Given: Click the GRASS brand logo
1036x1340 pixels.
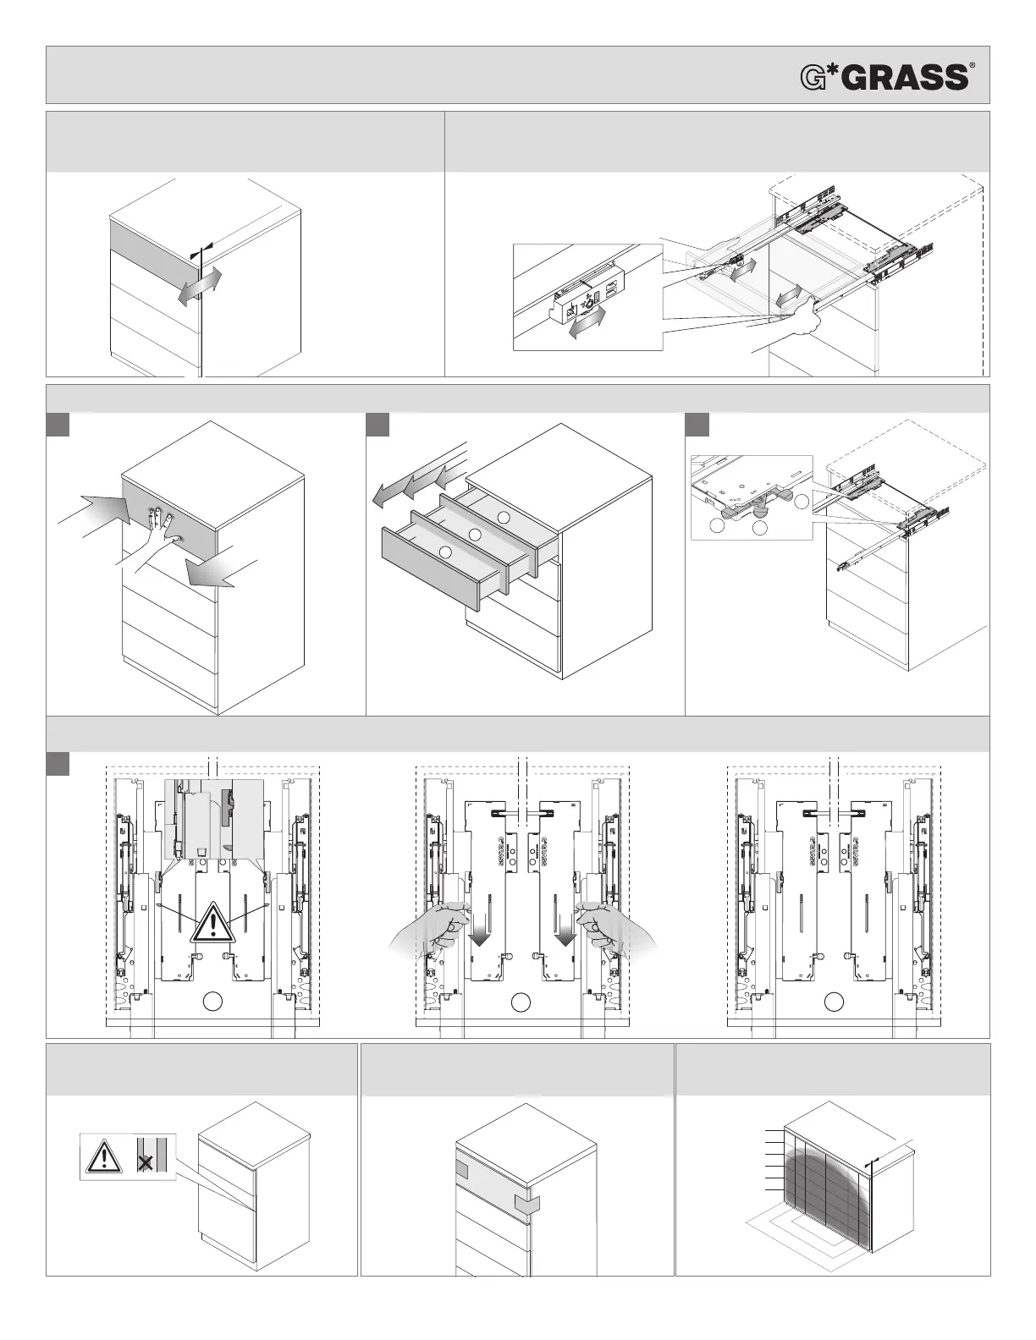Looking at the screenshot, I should coord(884,77).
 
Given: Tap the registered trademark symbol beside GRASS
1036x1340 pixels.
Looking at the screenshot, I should coord(972,65).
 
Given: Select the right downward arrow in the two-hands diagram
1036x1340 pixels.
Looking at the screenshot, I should coord(565,933).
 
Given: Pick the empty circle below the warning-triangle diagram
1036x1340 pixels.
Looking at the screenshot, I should coord(212,1002).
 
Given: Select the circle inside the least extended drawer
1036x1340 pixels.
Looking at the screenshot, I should coord(504,517).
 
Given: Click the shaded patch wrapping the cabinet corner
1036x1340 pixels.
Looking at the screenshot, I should coord(526,1203).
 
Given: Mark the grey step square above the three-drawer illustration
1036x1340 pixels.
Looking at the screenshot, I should coord(377,424).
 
